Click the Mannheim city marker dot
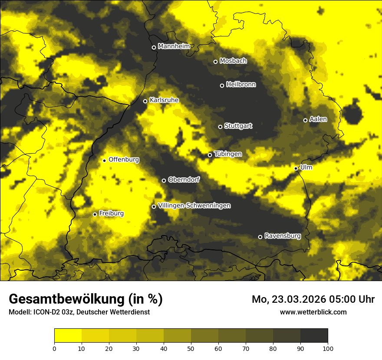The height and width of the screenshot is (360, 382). click(x=154, y=48)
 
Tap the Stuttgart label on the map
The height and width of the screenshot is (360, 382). click(x=238, y=126)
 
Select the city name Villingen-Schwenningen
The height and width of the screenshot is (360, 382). click(x=194, y=206)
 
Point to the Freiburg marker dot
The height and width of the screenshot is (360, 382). click(x=95, y=214)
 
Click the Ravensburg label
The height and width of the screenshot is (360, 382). click(x=283, y=236)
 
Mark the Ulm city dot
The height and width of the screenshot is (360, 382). click(x=296, y=168)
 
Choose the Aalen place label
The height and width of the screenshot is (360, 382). click(x=318, y=119)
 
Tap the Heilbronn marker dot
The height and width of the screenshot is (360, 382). click(x=222, y=85)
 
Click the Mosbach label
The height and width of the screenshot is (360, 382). click(x=233, y=61)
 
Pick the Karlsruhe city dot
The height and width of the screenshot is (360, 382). click(x=145, y=101)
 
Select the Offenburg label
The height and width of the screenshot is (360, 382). click(x=124, y=160)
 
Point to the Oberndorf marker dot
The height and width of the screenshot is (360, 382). click(x=164, y=180)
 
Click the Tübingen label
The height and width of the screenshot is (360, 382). click(x=228, y=154)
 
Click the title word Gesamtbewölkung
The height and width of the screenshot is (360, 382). click(x=68, y=299)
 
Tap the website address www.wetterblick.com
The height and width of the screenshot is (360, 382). click(x=313, y=312)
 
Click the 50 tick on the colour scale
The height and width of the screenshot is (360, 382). click(x=191, y=348)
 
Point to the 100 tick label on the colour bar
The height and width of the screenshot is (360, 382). click(x=328, y=348)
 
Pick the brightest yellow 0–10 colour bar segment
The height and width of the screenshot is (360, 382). click(x=68, y=336)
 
